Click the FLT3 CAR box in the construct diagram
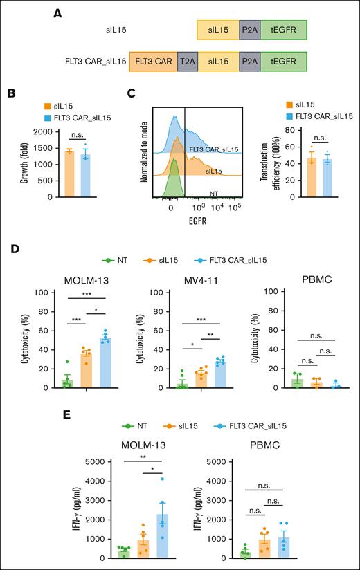click(153, 62)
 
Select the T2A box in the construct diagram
click(187, 62)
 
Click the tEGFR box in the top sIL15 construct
click(283, 29)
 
